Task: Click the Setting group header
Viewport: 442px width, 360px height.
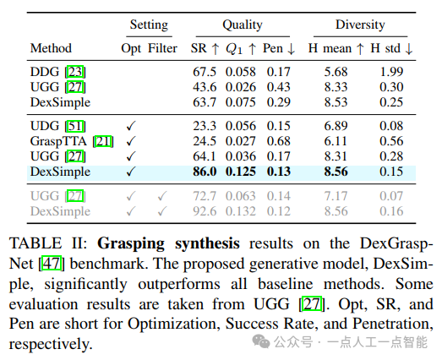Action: (149, 25)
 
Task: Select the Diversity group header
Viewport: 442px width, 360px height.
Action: (360, 25)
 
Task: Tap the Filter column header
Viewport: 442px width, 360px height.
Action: (162, 48)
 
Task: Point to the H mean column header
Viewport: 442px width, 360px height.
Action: (336, 48)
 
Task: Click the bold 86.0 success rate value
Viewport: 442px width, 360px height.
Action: (205, 172)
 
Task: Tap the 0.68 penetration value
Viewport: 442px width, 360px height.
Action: (279, 141)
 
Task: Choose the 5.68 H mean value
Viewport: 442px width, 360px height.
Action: (336, 72)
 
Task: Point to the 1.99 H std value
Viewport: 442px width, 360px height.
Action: (391, 72)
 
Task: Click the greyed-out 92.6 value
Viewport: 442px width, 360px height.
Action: (205, 211)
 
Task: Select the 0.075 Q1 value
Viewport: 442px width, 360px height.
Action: (241, 102)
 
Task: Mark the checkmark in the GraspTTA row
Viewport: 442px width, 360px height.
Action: (131, 141)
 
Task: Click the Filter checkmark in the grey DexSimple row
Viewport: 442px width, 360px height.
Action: (162, 211)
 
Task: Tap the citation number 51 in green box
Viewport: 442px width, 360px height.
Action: (75, 126)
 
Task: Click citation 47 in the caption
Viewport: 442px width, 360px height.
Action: (52, 264)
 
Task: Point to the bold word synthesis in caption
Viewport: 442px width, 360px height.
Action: (207, 243)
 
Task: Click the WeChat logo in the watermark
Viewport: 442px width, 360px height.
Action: (261, 341)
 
